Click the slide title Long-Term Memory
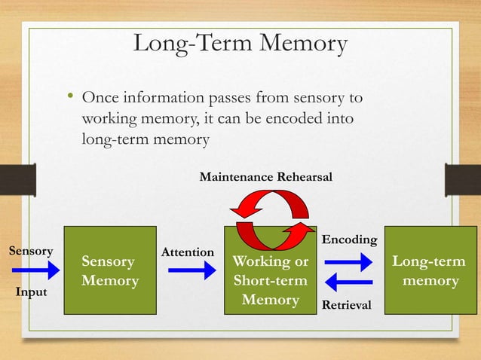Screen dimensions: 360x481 240,44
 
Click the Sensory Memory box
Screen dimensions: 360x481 109,270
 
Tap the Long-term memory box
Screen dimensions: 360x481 428,270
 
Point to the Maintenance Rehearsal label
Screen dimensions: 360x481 265,176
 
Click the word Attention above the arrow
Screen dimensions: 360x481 188,252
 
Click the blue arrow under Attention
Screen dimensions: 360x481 191,270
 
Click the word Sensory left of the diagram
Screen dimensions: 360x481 29,250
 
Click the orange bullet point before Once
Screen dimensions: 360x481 69,97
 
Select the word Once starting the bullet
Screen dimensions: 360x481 100,99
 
